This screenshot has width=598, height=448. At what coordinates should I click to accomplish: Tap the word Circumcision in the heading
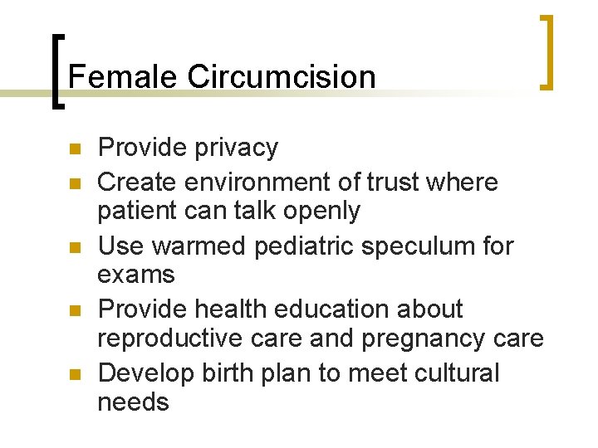(x=282, y=77)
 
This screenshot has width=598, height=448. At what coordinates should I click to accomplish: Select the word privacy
(x=236, y=149)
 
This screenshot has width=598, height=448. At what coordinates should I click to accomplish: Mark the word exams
(x=136, y=274)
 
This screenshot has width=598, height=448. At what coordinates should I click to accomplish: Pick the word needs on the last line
(x=133, y=402)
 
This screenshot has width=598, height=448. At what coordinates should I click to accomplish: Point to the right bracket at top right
(x=547, y=51)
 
